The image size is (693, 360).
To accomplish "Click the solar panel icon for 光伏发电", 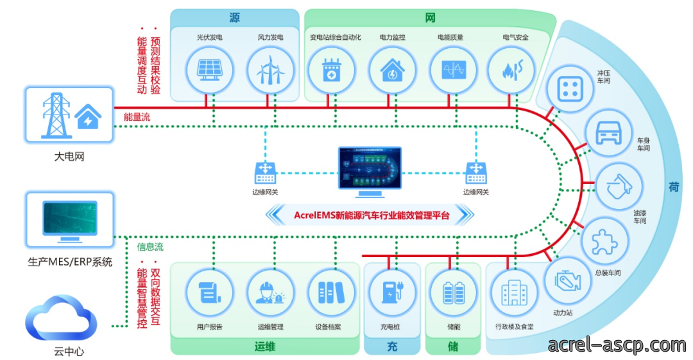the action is click(209, 71).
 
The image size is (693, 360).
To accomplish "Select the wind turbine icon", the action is click(270, 71).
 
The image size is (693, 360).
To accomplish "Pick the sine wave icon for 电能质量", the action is click(453, 70).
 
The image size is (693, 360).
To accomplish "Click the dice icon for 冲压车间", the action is click(570, 89).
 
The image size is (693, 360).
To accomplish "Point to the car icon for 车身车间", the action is click(608, 132).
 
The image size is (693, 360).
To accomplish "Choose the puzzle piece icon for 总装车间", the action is click(604, 242).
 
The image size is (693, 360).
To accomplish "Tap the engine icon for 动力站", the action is click(567, 281).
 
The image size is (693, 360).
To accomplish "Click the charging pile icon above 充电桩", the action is click(391, 292).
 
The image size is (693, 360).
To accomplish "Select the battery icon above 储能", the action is click(454, 292).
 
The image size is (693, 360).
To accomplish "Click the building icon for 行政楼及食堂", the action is click(514, 292).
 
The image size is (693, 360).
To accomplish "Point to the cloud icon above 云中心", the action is click(61, 318).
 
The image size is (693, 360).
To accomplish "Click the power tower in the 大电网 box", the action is click(56, 115).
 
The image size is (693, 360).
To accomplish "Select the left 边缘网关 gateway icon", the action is click(265, 173).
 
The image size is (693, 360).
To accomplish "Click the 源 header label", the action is click(234, 18).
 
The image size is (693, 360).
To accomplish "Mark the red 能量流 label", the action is click(137, 117).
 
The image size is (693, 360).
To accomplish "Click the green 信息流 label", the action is click(150, 247).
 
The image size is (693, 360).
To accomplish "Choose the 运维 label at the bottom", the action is click(265, 346).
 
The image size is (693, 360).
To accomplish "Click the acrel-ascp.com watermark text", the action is click(617, 345).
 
